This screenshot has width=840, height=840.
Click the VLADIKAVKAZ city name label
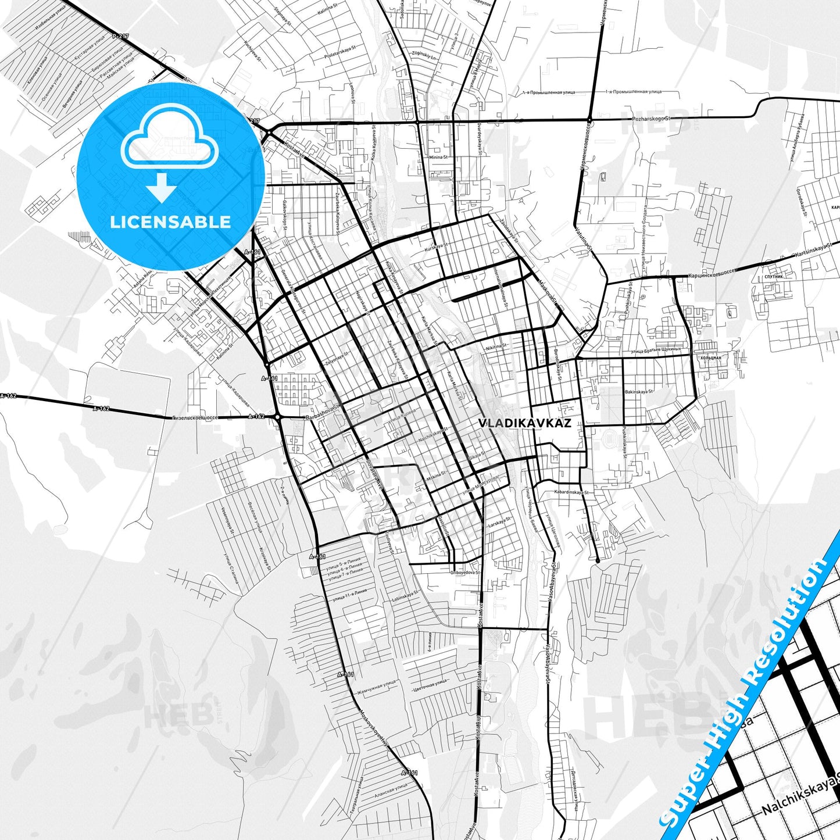pos(524,423)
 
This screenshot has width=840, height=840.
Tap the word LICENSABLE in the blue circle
pos(170,221)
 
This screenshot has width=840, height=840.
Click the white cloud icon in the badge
pos(169,142)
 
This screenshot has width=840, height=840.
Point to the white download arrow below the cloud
pos(162,187)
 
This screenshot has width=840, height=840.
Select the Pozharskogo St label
pos(651,119)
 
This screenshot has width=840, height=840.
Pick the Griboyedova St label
pos(465,572)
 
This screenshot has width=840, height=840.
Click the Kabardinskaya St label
pos(571,492)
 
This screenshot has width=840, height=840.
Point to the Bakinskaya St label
pos(639,392)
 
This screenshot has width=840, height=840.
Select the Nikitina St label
pos(496,346)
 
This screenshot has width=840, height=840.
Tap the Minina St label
pos(438,157)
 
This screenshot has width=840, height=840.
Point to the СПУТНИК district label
pos(774,276)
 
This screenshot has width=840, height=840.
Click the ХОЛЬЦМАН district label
pos(710,358)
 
